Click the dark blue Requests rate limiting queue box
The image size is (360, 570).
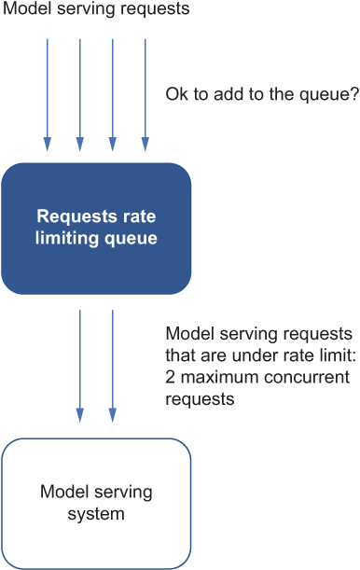click(x=96, y=229)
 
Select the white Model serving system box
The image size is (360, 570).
click(x=96, y=504)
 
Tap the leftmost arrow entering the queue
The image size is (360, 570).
click(x=48, y=95)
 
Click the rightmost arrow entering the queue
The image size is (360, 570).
click(x=145, y=95)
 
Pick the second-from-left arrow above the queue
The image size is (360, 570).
click(x=80, y=95)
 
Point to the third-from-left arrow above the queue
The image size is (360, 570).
click(x=113, y=95)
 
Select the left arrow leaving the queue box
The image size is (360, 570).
click(x=80, y=366)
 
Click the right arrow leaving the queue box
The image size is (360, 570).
click(x=113, y=366)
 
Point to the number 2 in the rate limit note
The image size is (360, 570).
click(x=170, y=377)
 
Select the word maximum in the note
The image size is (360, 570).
click(x=220, y=377)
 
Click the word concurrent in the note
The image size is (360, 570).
click(x=307, y=377)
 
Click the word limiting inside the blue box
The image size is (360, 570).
click(x=67, y=239)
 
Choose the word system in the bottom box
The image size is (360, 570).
click(x=96, y=514)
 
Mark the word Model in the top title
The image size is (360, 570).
click(x=27, y=8)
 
